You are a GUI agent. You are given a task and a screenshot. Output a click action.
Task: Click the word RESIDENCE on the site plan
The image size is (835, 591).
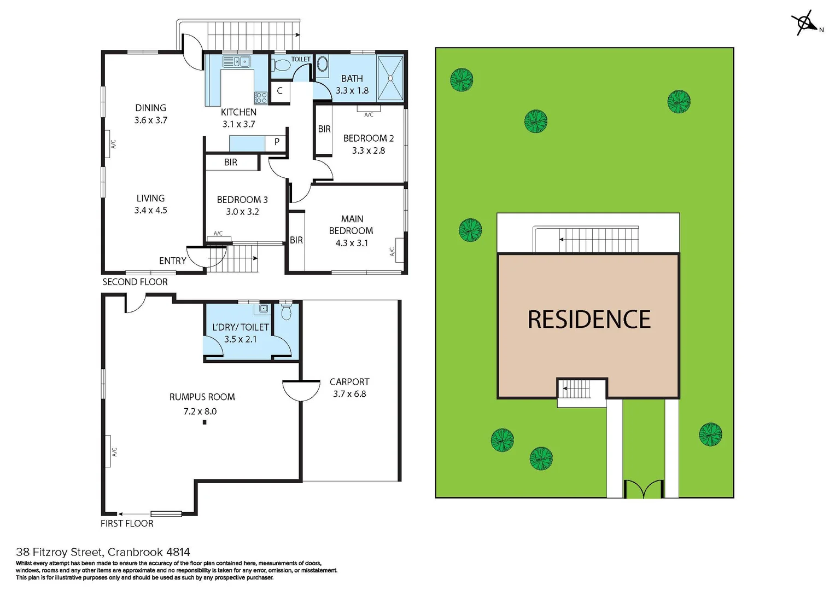pyautogui.click(x=589, y=320)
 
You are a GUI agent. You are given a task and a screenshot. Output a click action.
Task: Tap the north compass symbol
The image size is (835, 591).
pyautogui.click(x=805, y=23)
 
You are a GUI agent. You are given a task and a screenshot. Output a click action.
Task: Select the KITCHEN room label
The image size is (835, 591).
pyautogui.click(x=238, y=112)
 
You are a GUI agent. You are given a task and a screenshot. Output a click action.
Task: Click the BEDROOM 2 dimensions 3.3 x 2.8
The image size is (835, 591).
pyautogui.click(x=368, y=150)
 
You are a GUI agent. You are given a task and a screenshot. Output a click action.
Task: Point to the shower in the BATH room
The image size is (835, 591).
pyautogui.click(x=390, y=78)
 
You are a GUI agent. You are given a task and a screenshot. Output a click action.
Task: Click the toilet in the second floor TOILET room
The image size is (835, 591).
pyautogui.click(x=281, y=66)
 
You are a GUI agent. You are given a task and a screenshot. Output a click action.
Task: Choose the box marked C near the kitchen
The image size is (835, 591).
pyautogui.click(x=279, y=91)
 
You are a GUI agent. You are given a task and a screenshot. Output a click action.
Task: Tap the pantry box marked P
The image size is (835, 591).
pyautogui.click(x=277, y=142)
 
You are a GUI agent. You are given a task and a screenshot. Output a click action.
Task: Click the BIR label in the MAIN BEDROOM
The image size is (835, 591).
pyautogui.click(x=296, y=240)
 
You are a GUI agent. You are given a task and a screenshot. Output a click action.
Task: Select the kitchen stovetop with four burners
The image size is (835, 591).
pyautogui.click(x=261, y=98)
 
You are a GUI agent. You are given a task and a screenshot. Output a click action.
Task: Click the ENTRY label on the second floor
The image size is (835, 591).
pyautogui.click(x=172, y=261)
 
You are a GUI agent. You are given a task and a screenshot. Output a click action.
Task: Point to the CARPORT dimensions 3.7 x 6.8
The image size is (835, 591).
pyautogui.click(x=349, y=394)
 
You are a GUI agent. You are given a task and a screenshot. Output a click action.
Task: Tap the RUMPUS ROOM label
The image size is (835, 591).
pyautogui.click(x=202, y=397)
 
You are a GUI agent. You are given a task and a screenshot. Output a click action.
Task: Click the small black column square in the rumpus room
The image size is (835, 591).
pyautogui.click(x=205, y=422)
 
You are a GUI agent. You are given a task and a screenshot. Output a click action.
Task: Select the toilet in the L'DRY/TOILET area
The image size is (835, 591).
pyautogui.click(x=286, y=312)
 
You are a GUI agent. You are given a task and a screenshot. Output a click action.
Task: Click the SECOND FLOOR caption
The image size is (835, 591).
pyautogui.click(x=135, y=282)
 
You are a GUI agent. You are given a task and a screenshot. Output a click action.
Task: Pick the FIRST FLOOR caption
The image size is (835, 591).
pyautogui.click(x=127, y=524)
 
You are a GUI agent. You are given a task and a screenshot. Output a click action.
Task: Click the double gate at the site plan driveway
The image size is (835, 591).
pyautogui.click(x=644, y=489)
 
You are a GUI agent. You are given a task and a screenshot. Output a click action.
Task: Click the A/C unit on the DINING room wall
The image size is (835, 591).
pyautogui.click(x=107, y=144)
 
